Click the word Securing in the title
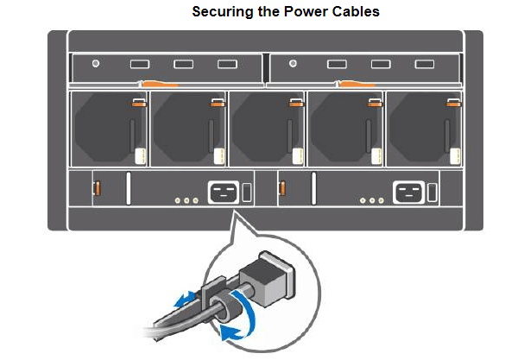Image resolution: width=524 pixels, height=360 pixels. [219, 12]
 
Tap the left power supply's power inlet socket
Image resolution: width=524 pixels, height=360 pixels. [222, 192]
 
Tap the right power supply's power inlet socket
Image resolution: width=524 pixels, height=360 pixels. [407, 192]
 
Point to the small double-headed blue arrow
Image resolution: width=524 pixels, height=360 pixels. [182, 299]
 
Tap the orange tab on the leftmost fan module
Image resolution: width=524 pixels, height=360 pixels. [136, 103]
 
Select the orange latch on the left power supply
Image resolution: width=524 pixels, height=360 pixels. [98, 187]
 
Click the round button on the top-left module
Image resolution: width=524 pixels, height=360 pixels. [96, 64]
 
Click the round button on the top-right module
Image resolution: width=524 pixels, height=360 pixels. [293, 64]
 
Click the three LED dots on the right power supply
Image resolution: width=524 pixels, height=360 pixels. [372, 200]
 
